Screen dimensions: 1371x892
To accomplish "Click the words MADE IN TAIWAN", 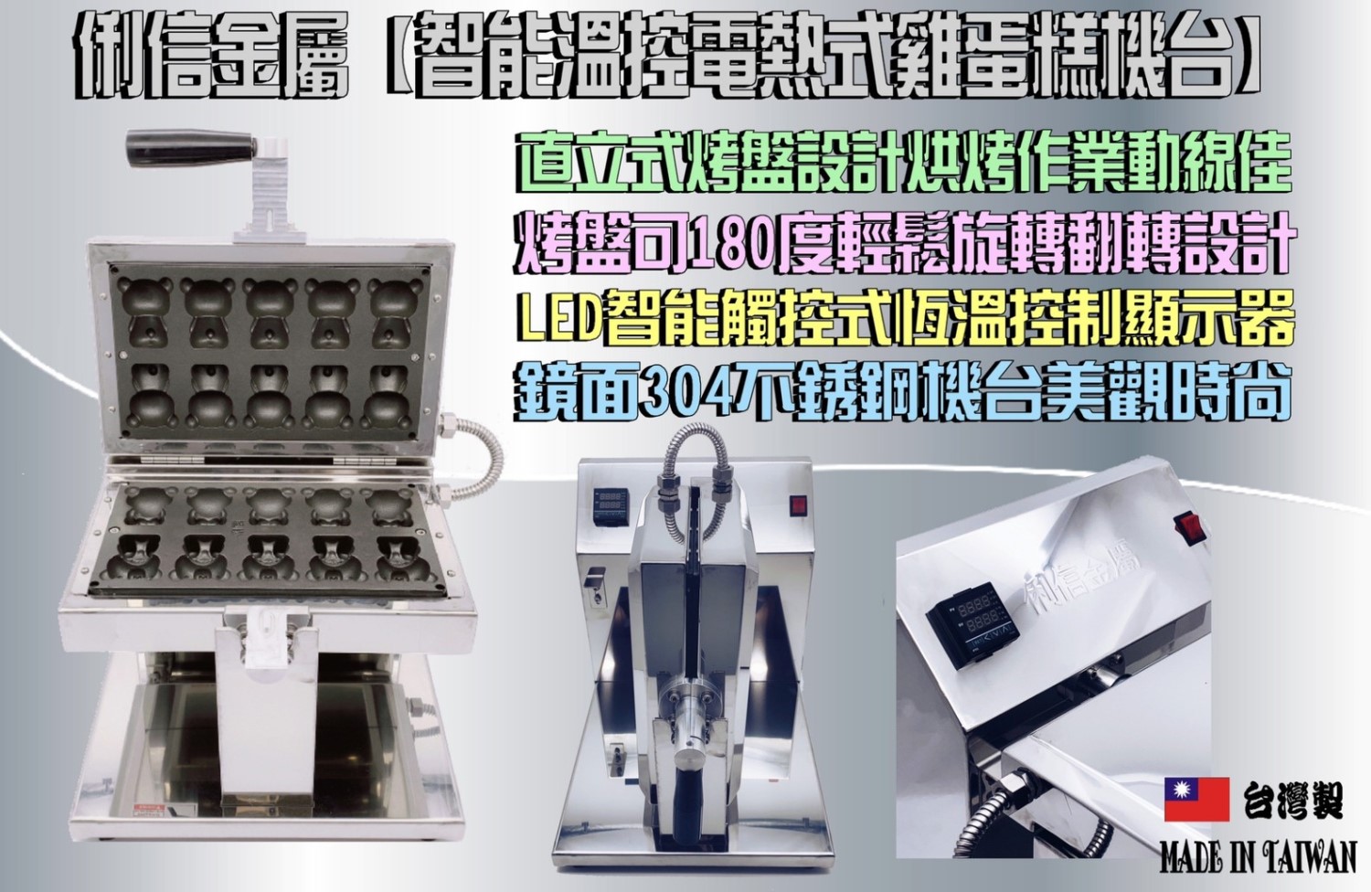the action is (x=1259, y=861).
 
